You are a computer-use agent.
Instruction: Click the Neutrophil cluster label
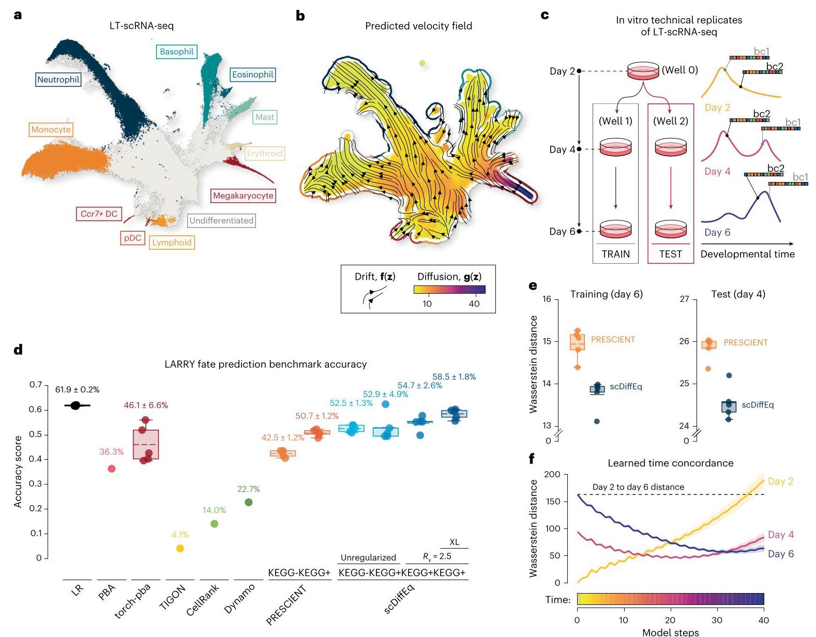click(x=58, y=80)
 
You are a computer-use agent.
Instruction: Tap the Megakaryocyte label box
click(x=243, y=196)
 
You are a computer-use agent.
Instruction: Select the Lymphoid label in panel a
click(x=172, y=242)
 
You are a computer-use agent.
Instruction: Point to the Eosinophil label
click(x=252, y=74)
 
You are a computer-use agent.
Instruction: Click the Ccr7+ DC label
click(x=99, y=214)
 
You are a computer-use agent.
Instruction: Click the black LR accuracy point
click(x=75, y=405)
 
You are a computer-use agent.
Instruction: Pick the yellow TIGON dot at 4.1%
click(x=180, y=548)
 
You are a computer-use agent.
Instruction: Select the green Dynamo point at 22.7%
click(x=248, y=502)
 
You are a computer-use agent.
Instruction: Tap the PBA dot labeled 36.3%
click(x=111, y=468)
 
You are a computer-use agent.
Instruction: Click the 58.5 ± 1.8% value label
click(x=454, y=377)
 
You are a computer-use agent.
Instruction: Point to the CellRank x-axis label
click(x=203, y=600)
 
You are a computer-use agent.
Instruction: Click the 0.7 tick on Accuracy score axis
click(x=35, y=385)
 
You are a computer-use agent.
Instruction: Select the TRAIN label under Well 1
click(x=615, y=254)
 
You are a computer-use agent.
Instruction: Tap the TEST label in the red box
click(x=670, y=254)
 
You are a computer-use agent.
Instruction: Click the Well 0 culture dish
click(x=643, y=71)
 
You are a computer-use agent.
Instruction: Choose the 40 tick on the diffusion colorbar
click(x=474, y=304)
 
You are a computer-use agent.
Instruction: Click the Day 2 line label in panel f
click(x=780, y=481)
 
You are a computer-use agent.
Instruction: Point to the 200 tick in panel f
click(x=552, y=475)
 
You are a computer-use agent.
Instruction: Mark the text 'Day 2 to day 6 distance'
click(x=638, y=487)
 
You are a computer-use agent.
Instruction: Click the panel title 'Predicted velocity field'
click(x=418, y=26)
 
